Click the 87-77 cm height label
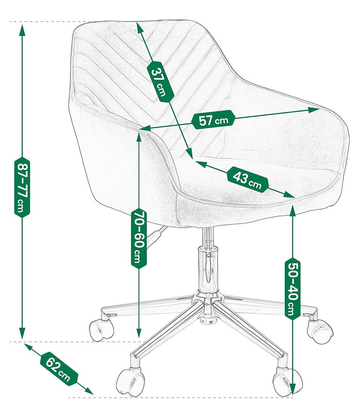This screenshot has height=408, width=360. [x=22, y=188]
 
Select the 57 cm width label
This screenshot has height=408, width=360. [x=213, y=120]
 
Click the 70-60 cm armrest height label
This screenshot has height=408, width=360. [x=139, y=238]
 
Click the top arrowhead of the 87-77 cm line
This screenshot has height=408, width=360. [x=23, y=30]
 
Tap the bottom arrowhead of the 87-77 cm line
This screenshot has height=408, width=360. [x=22, y=333]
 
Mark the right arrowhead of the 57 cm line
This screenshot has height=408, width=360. [x=314, y=110]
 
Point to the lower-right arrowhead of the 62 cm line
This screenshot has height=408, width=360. [x=88, y=390]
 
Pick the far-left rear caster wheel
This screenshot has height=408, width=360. [x=101, y=329]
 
